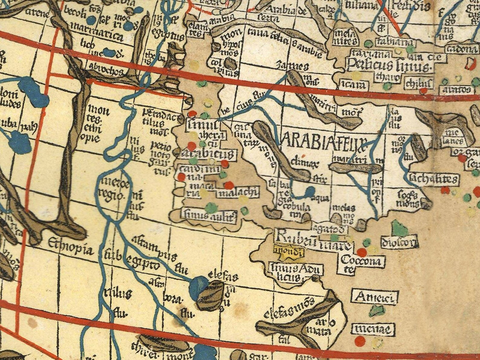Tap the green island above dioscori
point(400,229)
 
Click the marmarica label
point(96,34)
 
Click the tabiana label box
point(389,42)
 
